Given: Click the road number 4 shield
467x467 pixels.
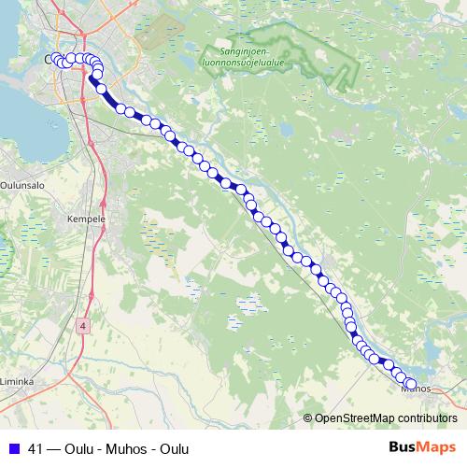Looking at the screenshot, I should click(x=83, y=325).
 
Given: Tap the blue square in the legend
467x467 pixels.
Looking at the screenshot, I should click(x=15, y=448).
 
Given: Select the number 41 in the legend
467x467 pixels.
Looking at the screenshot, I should click(x=37, y=448).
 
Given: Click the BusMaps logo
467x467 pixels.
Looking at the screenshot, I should click(x=422, y=447).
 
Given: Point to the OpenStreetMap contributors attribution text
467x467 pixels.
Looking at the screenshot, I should click(x=380, y=418).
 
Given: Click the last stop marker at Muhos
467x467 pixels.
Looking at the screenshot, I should click(x=410, y=384).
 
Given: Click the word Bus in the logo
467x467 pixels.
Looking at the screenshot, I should click(x=405, y=447).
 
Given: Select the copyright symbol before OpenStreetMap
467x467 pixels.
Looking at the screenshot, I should click(x=308, y=418).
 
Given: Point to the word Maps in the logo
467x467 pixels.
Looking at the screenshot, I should click(x=439, y=447).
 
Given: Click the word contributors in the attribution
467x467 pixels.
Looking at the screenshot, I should click(x=427, y=418).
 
